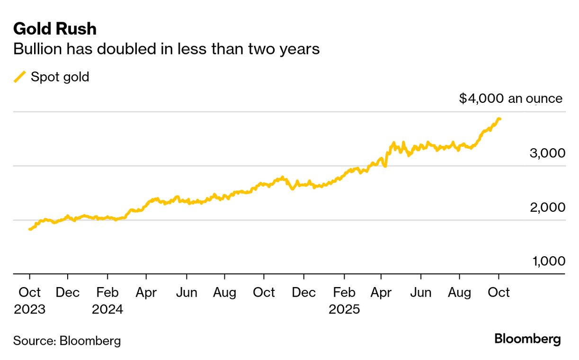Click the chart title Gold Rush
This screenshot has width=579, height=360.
55,29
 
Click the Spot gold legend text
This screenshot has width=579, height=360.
60,77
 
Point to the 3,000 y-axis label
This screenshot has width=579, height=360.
545,153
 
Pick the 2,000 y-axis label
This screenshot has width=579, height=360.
545,207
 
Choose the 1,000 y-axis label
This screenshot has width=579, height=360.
546,261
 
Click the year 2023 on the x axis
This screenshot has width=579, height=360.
29,309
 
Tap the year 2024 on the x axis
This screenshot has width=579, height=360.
107,309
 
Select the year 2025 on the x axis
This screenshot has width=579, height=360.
345,309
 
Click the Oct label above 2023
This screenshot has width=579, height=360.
29,293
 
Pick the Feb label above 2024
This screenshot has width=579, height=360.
107,293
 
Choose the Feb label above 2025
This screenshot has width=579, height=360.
345,293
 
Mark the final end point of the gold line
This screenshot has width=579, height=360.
500,119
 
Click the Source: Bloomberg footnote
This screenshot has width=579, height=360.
67,341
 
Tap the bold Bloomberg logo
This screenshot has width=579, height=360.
527,339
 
